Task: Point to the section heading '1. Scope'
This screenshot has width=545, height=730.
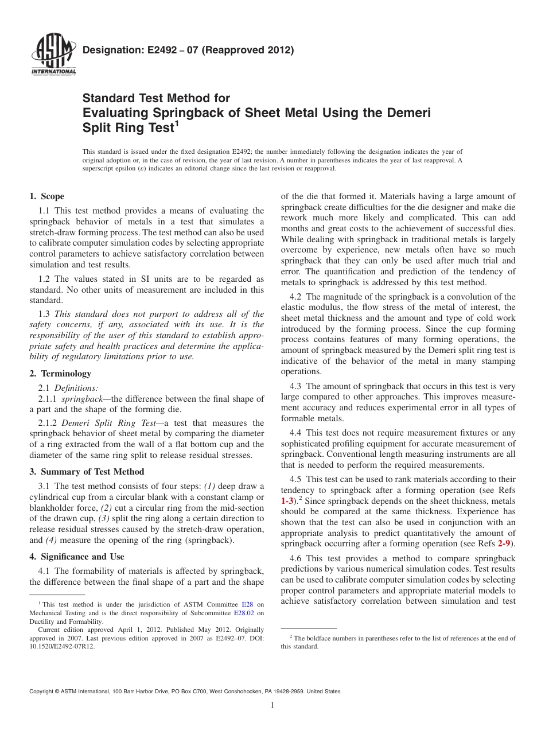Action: [46, 196]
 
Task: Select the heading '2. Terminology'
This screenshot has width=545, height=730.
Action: [60, 374]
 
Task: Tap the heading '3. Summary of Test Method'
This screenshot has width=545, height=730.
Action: [87, 472]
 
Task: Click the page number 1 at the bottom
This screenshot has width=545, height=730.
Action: [272, 705]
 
